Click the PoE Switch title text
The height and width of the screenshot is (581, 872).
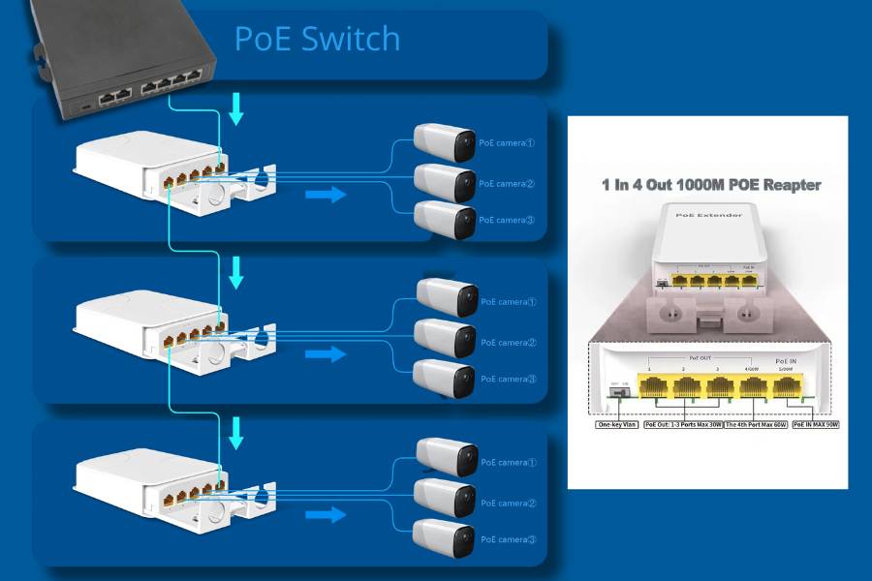coord(317,39)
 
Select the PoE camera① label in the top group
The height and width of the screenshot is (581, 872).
coord(507,142)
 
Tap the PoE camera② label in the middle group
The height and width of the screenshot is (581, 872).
coord(508,342)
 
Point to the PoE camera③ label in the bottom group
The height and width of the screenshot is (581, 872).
coord(508,539)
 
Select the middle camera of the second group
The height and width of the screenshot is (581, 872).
coord(445,339)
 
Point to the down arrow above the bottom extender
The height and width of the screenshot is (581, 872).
coord(235,432)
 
